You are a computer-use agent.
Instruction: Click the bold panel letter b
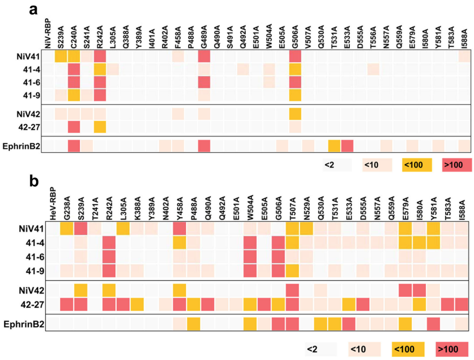[35, 183]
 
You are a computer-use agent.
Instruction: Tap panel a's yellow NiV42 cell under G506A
[295, 114]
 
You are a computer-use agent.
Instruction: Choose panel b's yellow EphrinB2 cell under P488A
[193, 324]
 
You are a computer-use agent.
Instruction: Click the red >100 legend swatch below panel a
[457, 165]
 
